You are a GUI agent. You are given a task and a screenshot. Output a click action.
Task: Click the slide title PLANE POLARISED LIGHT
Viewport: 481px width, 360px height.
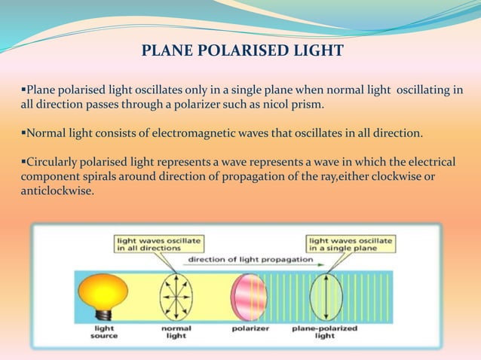click(242, 51)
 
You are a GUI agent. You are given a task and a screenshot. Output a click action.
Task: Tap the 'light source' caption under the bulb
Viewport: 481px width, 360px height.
click(104, 332)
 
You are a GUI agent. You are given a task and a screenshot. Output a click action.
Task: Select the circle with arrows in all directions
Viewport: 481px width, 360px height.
click(176, 297)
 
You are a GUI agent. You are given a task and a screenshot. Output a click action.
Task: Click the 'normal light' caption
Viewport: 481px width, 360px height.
click(176, 332)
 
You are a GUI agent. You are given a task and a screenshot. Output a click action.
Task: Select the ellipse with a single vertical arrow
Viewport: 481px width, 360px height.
click(325, 297)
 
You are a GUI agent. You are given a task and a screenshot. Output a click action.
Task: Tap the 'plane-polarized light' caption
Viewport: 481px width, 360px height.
click(324, 332)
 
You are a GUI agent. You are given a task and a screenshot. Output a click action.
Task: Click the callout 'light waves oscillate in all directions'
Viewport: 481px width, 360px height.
click(158, 243)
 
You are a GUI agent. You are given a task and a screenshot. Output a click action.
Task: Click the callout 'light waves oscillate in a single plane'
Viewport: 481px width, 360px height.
click(350, 243)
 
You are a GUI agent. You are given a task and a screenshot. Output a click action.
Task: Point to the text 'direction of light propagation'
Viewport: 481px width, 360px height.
click(240, 259)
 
